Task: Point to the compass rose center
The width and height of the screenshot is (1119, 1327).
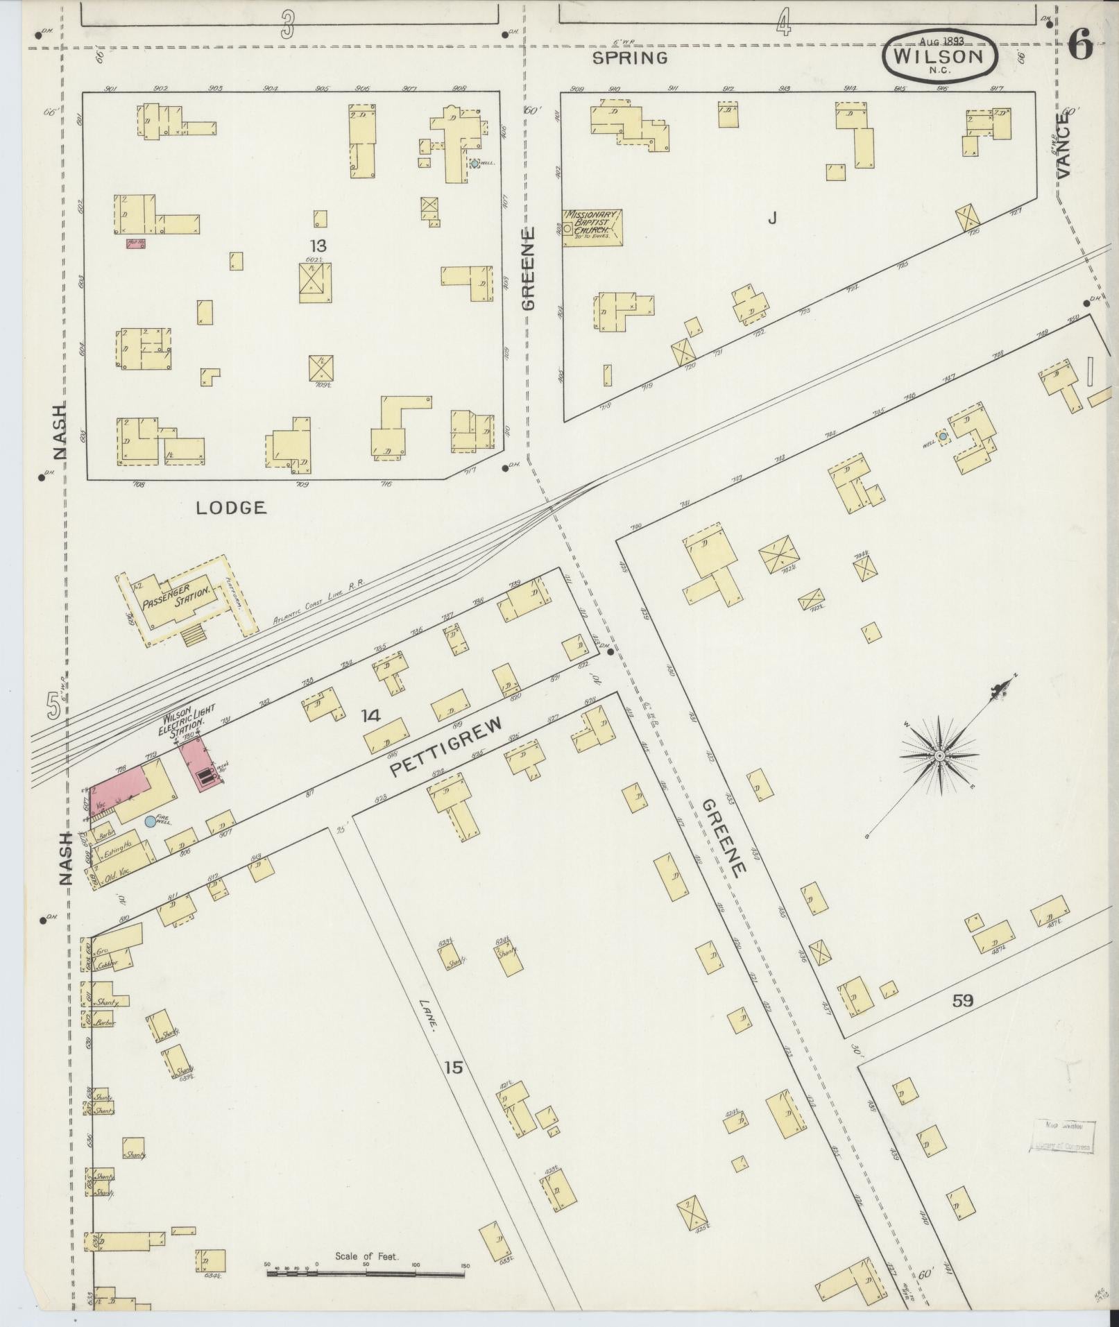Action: coord(938,755)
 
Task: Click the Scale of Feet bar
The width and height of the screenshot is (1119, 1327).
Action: coord(366,787)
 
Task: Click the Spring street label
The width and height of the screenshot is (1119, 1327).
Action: coord(630,58)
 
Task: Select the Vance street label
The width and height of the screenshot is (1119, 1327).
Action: coord(1063,146)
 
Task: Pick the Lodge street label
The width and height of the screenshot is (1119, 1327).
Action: coord(231,508)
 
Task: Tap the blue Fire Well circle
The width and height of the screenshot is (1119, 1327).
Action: coord(150,821)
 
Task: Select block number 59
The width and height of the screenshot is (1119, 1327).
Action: coord(962,1000)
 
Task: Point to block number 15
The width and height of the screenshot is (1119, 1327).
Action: coord(453,1086)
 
